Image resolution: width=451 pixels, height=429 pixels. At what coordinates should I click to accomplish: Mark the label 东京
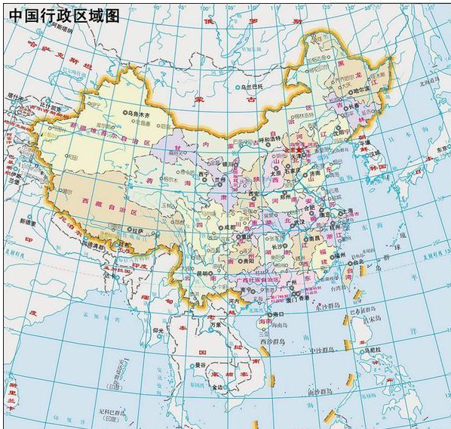440,149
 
